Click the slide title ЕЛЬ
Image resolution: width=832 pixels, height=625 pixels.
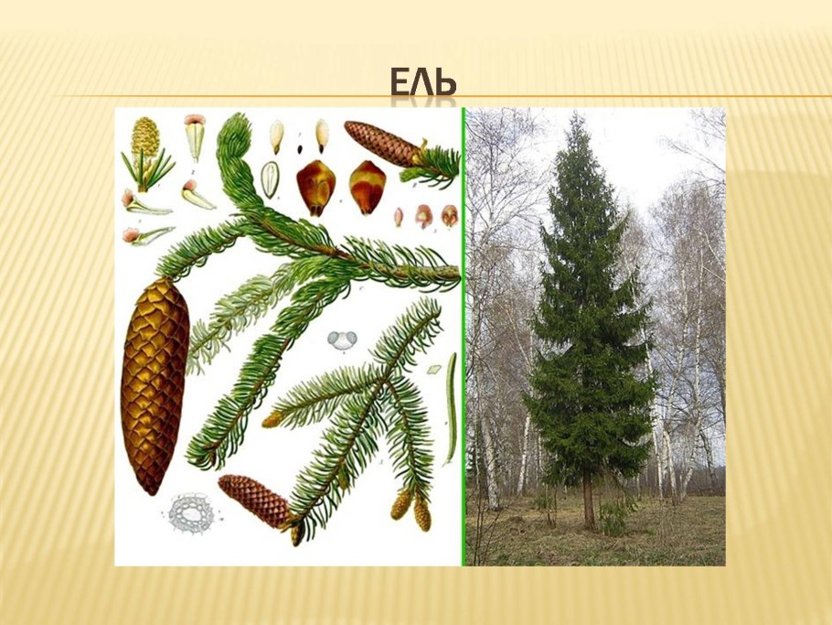pos(422,83)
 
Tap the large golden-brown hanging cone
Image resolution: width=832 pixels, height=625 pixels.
pos(155,384)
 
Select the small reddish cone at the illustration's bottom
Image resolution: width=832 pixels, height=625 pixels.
pos(254,501)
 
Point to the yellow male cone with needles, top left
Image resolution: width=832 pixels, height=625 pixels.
pos(145,146)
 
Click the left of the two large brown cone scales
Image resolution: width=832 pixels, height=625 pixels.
pos(315,186)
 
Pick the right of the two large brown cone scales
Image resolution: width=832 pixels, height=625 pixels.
pos(367,186)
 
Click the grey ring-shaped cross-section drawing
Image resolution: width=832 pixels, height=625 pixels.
pos(191,512)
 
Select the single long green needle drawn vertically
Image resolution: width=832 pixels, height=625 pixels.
pos(451,408)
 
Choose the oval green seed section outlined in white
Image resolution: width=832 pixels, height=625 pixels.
pos(269,178)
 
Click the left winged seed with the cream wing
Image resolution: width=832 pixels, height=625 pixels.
pos(276,135)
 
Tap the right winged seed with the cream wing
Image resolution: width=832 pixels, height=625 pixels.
pos(322,135)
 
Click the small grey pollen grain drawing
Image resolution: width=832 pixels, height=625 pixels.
pos(344,340)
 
